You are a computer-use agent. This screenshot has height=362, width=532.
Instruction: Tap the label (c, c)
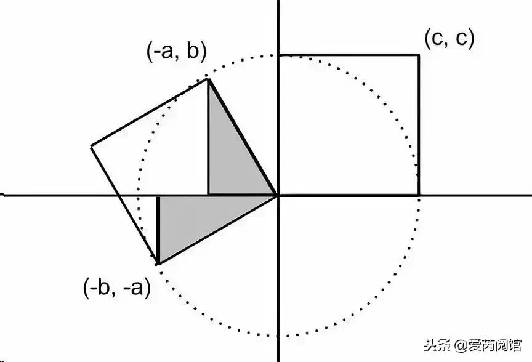[449, 39]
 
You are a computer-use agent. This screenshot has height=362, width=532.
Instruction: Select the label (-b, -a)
[116, 288]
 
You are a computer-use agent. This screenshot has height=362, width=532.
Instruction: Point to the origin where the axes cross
[278, 195]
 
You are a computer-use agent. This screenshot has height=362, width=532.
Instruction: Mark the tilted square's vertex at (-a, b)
[208, 79]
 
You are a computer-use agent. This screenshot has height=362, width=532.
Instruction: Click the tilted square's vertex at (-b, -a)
[159, 264]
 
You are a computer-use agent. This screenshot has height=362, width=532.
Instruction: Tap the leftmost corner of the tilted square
[91, 146]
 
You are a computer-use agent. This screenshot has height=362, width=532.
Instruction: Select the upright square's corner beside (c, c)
[419, 55]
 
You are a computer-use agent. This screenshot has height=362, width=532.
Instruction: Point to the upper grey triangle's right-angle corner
[208, 195]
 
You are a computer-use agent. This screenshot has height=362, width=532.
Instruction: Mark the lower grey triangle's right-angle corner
[159, 197]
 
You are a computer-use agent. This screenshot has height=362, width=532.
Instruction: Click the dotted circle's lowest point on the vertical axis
[278, 336]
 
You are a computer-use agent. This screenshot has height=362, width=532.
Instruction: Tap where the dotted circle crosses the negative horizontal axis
[138, 195]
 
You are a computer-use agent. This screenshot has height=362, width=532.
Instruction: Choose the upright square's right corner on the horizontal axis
[419, 195]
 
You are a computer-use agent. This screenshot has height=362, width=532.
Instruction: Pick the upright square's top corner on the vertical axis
[278, 55]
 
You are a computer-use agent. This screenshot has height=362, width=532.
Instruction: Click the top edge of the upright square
[349, 55]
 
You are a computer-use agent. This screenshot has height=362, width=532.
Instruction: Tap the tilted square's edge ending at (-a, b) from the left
[150, 113]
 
